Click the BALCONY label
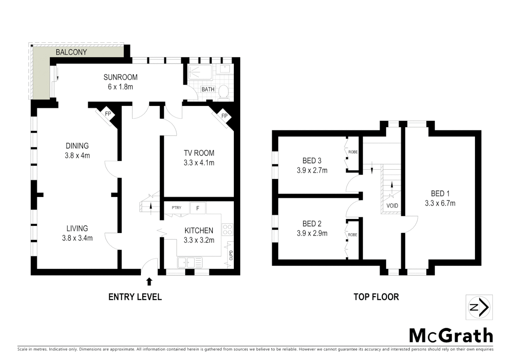(71, 52)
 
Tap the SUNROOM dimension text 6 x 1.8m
(120, 87)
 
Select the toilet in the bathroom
(224, 92)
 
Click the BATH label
(208, 89)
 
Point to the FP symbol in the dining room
(108, 114)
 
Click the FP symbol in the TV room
(224, 116)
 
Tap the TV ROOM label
(199, 153)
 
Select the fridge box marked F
(198, 208)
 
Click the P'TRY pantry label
(177, 208)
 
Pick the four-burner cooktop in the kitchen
(228, 229)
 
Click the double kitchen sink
(190, 262)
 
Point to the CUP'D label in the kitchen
(231, 255)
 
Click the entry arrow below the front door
(149, 282)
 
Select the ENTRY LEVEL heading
(135, 297)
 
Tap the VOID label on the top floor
(392, 206)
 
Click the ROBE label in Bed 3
(353, 152)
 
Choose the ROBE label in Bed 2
(352, 235)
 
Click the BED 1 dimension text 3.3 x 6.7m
(440, 203)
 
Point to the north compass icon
(479, 307)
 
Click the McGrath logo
(451, 335)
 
